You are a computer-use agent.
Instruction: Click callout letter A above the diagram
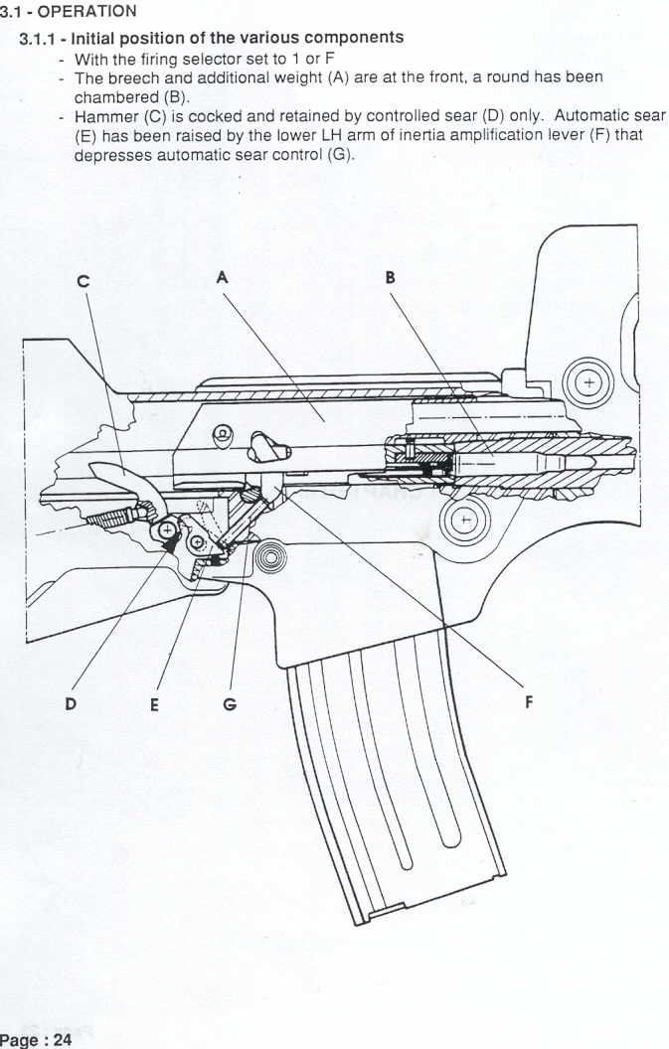[223, 276]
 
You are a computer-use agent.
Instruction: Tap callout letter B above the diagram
[390, 277]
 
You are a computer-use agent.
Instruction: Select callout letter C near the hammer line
[84, 281]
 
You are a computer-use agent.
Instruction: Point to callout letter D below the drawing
[71, 703]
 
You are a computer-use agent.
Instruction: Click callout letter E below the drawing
[155, 704]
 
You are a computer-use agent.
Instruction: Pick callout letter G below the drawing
[230, 704]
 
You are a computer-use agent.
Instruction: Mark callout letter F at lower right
[529, 702]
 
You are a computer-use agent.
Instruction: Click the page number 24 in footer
[63, 1040]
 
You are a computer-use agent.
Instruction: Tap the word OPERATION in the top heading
[87, 11]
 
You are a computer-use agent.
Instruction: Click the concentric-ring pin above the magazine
[270, 556]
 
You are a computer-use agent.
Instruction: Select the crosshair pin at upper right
[587, 382]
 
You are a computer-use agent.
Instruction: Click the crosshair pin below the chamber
[465, 520]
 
